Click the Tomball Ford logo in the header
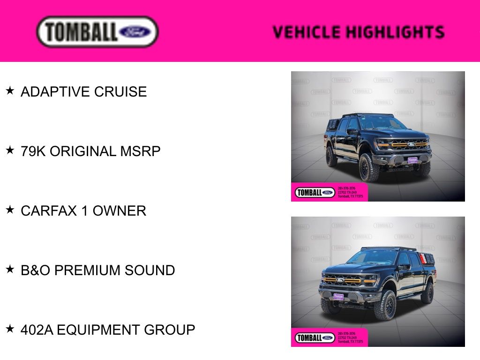coord(97,31)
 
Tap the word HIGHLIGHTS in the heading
coord(395,32)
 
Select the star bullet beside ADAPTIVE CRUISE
coord(10,90)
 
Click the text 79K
coord(33,151)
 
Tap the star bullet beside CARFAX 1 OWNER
coord(10,210)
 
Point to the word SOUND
coord(150,270)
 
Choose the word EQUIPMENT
coord(98,330)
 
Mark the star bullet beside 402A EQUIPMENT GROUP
coord(10,329)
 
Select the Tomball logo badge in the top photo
coord(315,193)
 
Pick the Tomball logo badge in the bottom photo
coord(315,338)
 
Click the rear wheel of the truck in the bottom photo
coord(427,293)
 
